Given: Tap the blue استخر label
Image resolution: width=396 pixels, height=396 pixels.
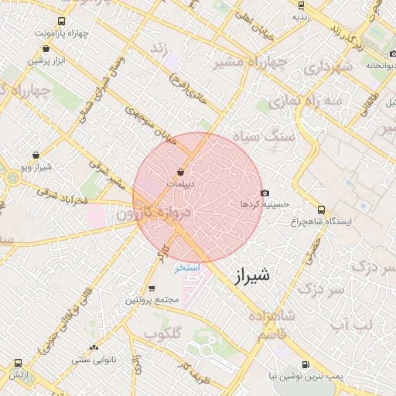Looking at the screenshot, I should (186, 268).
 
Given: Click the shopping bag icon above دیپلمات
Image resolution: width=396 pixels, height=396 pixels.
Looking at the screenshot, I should (180, 172).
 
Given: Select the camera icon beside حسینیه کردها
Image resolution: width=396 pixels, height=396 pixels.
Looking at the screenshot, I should (265, 193).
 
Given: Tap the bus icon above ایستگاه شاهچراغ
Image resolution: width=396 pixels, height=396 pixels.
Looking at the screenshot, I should (322, 209).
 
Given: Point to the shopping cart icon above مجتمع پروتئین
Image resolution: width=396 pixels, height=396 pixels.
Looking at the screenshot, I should (151, 288).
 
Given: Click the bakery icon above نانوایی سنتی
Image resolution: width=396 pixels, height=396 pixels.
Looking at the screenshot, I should (94, 348).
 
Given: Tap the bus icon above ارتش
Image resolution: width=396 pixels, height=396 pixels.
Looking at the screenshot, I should (19, 363).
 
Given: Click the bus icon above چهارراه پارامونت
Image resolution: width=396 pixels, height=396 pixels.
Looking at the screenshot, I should (61, 22).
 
